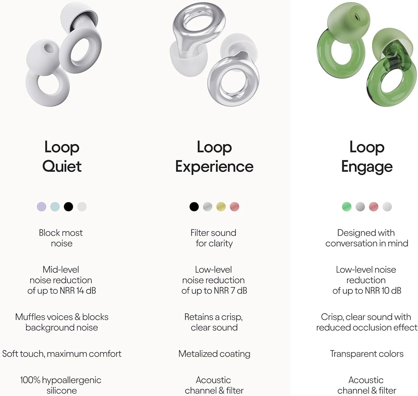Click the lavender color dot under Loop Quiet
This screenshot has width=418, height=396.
[41, 206]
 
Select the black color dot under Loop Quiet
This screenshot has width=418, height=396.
[69, 206]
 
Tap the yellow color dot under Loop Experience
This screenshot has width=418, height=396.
[221, 206]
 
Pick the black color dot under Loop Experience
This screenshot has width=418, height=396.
[194, 206]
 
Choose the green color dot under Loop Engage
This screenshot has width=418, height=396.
[347, 206]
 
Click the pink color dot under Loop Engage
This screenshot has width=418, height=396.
[374, 206]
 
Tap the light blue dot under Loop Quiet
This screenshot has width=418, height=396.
[55, 206]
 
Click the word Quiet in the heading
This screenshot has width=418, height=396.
[62, 166]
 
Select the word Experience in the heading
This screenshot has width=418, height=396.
[214, 166]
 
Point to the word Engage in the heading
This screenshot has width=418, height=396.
[367, 166]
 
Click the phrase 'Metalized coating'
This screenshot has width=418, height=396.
[214, 354]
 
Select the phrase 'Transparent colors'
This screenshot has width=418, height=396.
[367, 354]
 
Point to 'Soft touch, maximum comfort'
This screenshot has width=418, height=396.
[62, 354]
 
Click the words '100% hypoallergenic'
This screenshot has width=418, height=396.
[61, 380]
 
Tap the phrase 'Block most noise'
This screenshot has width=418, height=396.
[61, 238]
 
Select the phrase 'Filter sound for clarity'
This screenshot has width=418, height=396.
[214, 238]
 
